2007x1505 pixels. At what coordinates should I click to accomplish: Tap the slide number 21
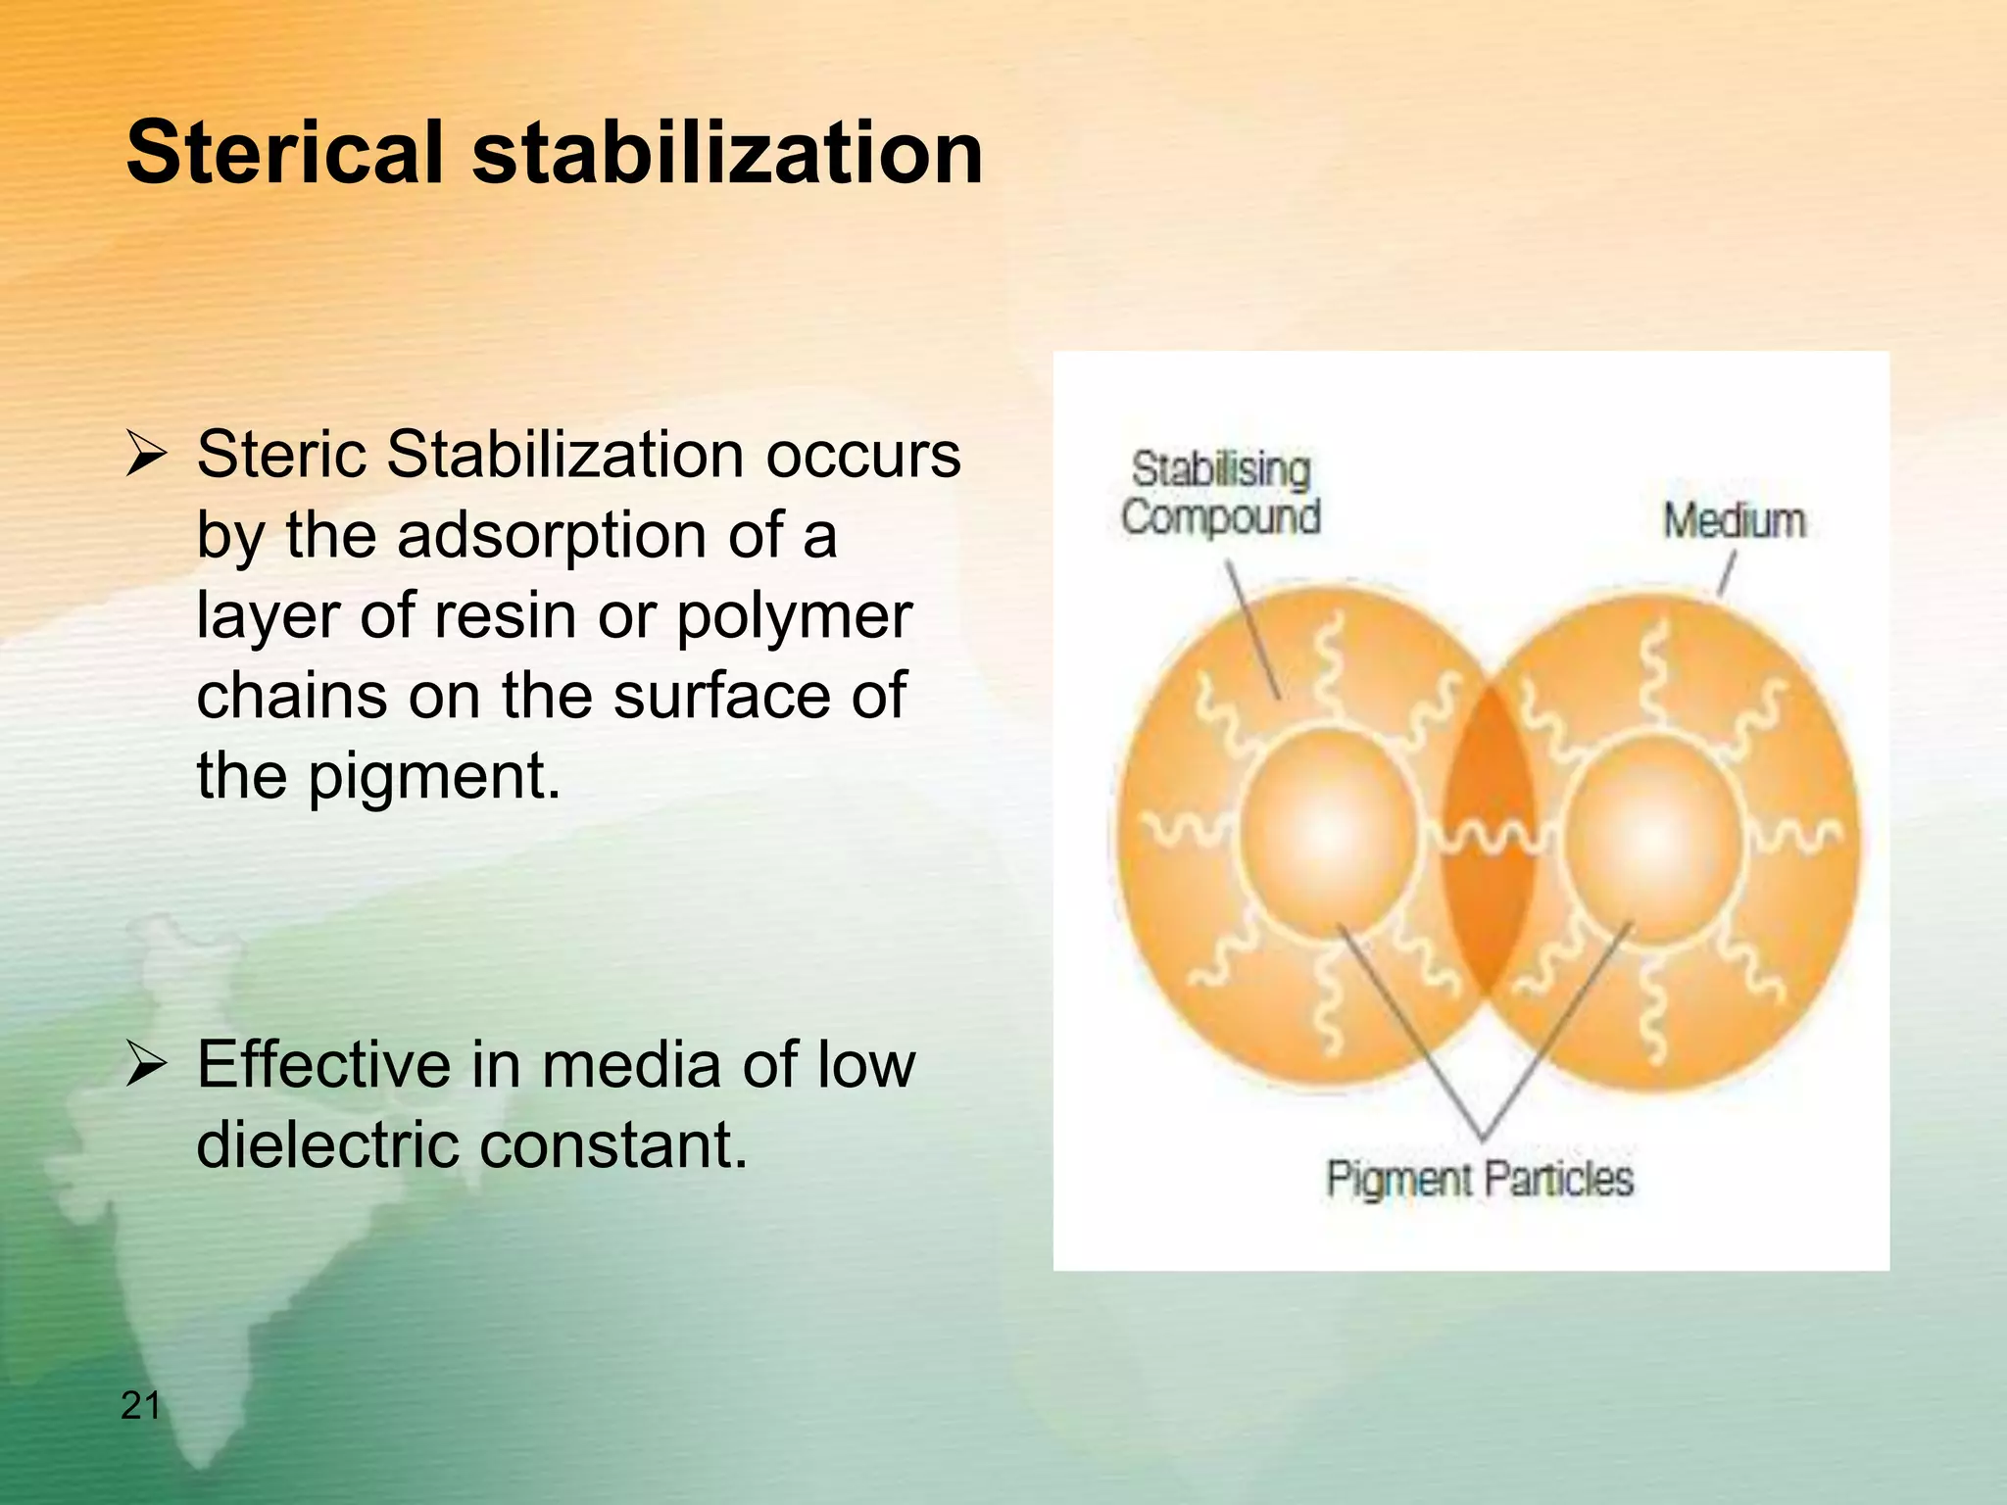pos(140,1405)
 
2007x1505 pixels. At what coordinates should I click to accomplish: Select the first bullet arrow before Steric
pos(147,457)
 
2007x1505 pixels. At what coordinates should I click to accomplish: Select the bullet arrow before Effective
pos(147,1066)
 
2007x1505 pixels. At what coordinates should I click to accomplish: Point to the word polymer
pos(794,617)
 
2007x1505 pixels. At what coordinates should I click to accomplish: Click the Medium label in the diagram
pos(1734,520)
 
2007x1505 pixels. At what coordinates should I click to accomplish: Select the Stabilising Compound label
pos(1221,493)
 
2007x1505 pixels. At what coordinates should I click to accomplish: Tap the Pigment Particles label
pos(1479,1178)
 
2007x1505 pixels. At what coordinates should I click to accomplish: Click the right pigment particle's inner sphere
pos(1653,839)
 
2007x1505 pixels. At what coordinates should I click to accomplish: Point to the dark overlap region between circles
pos(1488,843)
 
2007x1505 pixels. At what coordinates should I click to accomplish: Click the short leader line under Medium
pos(1727,573)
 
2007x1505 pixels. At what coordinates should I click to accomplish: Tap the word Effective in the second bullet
pos(323,1065)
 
